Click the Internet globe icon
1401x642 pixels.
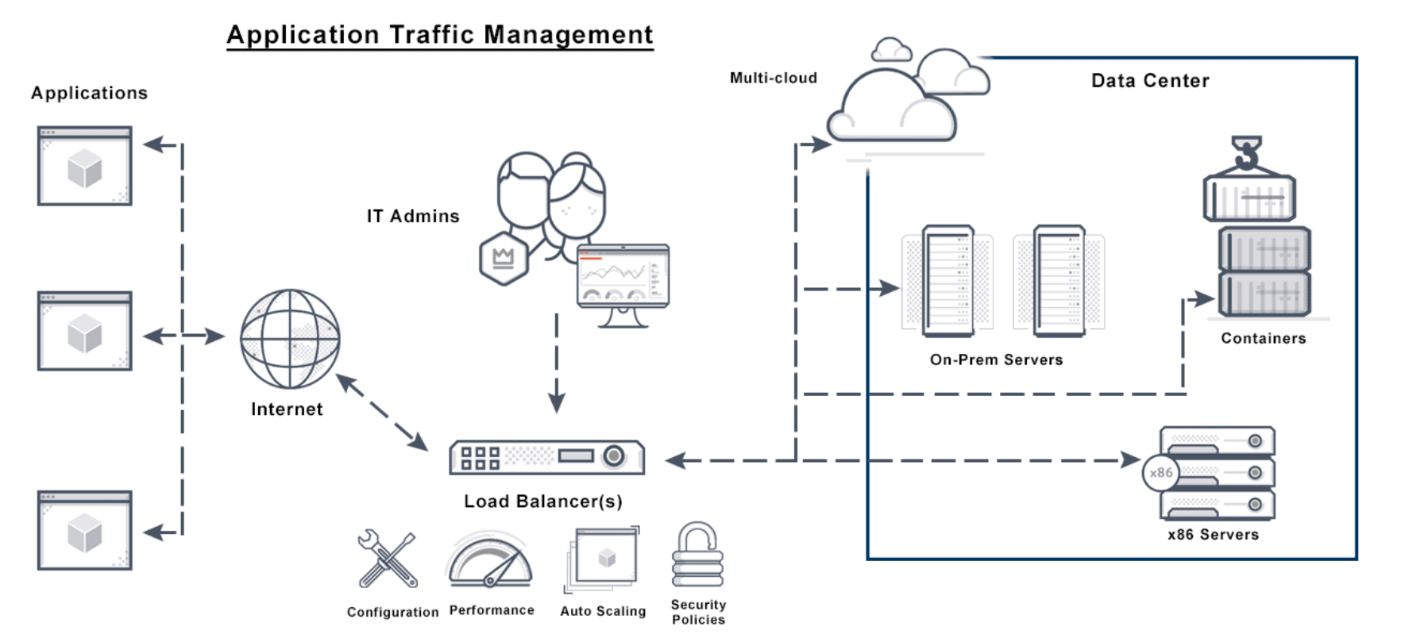tap(290, 339)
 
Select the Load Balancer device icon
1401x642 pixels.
tap(546, 457)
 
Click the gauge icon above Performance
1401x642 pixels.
tap(490, 561)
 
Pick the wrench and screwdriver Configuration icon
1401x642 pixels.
tap(388, 559)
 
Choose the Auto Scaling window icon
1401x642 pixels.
tap(604, 559)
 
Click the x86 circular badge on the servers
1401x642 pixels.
tap(1160, 473)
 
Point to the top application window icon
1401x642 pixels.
tap(85, 166)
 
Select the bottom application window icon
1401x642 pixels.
tap(85, 530)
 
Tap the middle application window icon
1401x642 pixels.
tap(85, 331)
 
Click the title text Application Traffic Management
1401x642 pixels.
tap(440, 35)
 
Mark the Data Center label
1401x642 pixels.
tap(1150, 81)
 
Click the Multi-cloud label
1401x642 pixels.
tap(774, 78)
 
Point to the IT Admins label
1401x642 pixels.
tap(413, 216)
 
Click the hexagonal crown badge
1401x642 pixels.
tap(504, 259)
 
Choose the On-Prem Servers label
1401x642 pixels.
tap(996, 359)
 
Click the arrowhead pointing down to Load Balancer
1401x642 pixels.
tap(557, 402)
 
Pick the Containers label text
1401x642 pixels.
tap(1263, 338)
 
